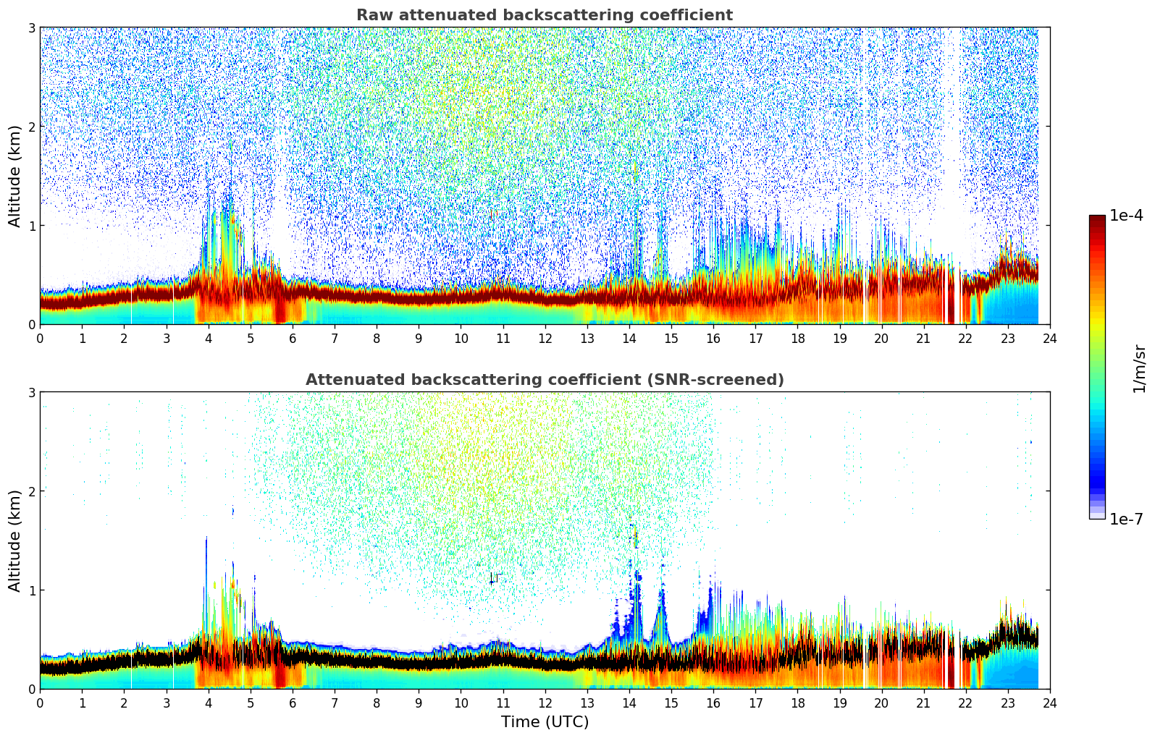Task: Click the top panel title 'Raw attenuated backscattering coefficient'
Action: [x=545, y=15]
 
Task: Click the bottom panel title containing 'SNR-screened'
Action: [x=545, y=380]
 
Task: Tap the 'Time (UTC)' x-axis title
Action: [x=545, y=722]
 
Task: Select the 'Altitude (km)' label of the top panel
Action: [x=14, y=176]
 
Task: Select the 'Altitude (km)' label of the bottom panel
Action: [x=14, y=540]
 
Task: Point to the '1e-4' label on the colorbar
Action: [x=1126, y=216]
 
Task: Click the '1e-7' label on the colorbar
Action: [x=1126, y=519]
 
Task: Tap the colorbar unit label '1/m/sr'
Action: [x=1139, y=369]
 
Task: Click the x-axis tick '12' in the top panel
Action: [x=545, y=338]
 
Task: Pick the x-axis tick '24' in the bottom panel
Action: [x=1050, y=703]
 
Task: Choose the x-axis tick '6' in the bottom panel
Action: [x=293, y=703]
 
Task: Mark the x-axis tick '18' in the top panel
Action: [x=797, y=338]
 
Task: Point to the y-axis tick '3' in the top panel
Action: [x=32, y=27]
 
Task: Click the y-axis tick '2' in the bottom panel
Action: [x=32, y=491]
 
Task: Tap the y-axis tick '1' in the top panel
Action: [x=32, y=226]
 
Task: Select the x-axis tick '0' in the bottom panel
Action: [x=40, y=703]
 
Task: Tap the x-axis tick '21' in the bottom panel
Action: [x=923, y=703]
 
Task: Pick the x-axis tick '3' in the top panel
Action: [x=167, y=338]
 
